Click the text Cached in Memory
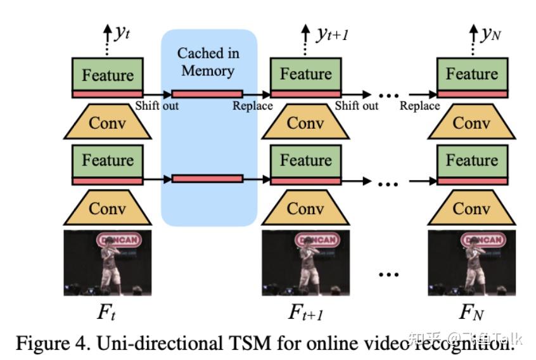point(208,61)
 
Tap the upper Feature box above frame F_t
point(108,74)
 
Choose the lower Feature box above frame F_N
point(471,160)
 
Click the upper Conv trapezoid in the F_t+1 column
point(306,122)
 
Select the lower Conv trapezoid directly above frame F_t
point(108,208)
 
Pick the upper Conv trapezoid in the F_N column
point(471,122)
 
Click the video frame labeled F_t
point(108,263)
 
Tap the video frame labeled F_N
point(471,263)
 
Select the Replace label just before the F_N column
point(419,106)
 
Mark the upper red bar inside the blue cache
point(207,94)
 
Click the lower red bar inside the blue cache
point(207,179)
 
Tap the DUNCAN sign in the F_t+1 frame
point(305,240)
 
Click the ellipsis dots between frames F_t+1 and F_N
point(388,274)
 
